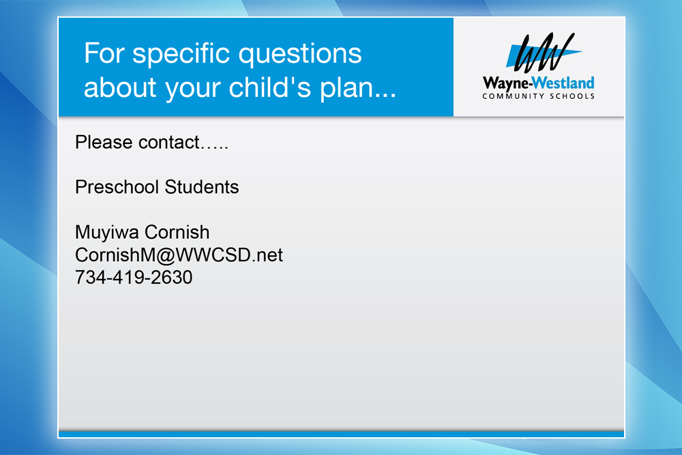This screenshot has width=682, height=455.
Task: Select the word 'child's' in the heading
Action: tap(270, 87)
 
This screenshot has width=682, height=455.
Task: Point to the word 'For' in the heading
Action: tap(104, 53)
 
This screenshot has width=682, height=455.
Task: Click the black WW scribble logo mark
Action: tap(544, 53)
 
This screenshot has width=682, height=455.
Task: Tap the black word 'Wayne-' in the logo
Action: tap(507, 83)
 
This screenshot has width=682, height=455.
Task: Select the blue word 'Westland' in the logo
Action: tap(563, 83)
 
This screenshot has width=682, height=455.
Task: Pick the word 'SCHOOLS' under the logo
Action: tap(572, 96)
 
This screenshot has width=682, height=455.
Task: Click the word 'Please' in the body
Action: tap(104, 143)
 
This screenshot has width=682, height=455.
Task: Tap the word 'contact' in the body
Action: tap(168, 143)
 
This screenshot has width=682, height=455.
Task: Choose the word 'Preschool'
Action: tap(117, 187)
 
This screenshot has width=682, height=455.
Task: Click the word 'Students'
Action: tap(202, 187)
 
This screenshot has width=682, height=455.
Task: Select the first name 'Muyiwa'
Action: tap(106, 233)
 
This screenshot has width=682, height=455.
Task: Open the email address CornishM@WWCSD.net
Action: tap(179, 255)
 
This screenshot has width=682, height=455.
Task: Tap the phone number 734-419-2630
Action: tap(134, 278)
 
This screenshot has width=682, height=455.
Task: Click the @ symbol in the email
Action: tap(165, 256)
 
